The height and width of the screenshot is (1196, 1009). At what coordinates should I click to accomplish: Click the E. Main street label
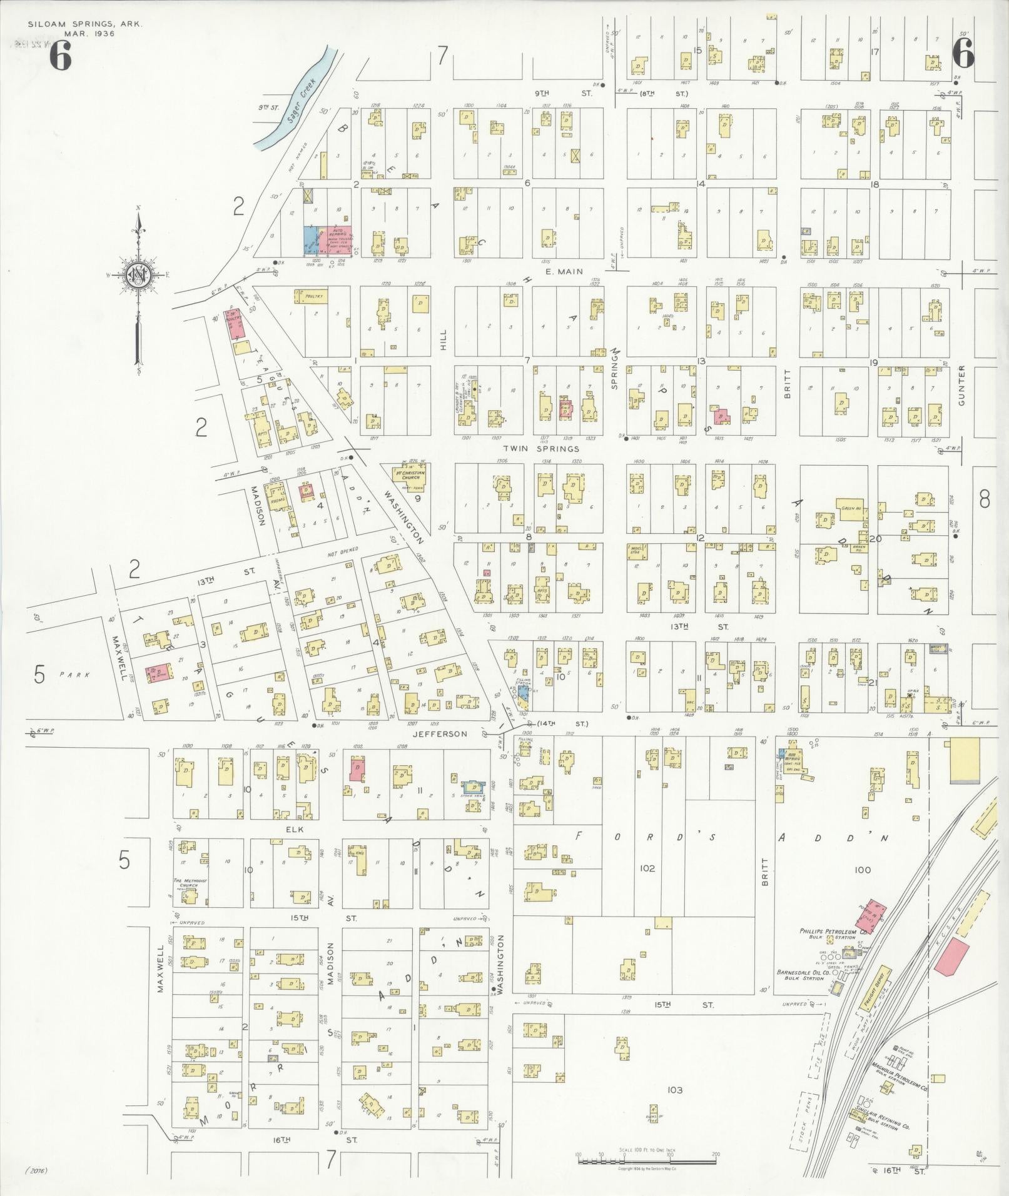coord(564,271)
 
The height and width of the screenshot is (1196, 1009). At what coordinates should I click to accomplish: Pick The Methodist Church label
coord(190,885)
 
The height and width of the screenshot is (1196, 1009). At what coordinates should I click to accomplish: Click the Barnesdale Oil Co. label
coord(803,973)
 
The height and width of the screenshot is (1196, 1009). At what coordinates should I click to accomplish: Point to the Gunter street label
coord(961,385)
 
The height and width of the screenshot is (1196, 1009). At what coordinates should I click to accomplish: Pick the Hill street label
coord(444,339)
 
